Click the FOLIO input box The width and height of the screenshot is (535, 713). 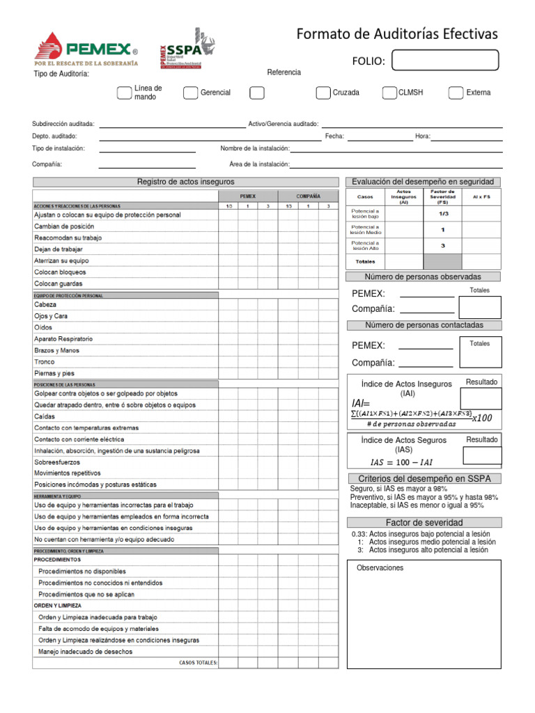click(x=445, y=61)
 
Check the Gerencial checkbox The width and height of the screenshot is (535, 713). click(x=190, y=93)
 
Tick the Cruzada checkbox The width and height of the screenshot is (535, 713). click(x=323, y=93)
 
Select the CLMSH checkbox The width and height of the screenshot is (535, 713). click(x=389, y=93)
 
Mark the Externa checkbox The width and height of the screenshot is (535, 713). click(x=456, y=93)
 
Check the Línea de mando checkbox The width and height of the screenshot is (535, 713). click(x=124, y=93)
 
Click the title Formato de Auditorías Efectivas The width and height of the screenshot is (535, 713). click(x=397, y=34)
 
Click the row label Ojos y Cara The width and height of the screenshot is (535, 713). click(x=51, y=316)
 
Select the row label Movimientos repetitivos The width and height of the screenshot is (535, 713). click(x=68, y=473)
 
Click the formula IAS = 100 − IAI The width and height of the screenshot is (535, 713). click(x=405, y=462)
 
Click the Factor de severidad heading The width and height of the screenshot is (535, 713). click(x=424, y=522)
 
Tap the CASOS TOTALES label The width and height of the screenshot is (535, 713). click(x=199, y=663)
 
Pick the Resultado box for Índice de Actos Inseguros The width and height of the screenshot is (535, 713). click(x=481, y=399)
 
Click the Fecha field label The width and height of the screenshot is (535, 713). click(x=334, y=136)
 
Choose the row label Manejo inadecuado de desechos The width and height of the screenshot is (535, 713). click(x=85, y=652)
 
